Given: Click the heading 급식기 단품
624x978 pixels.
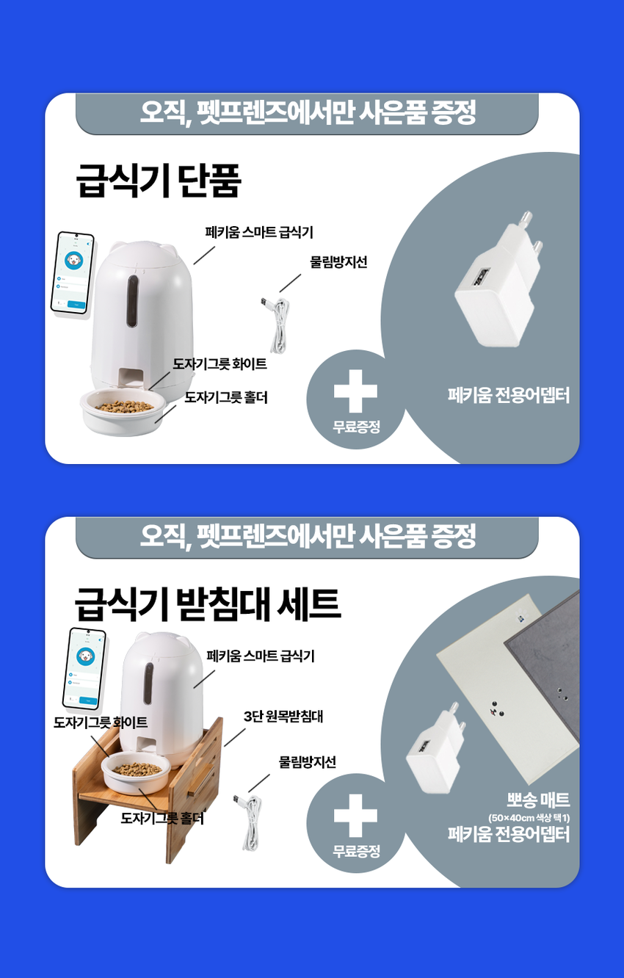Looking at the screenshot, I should (x=159, y=181).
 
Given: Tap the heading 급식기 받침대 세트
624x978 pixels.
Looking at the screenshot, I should (x=208, y=604).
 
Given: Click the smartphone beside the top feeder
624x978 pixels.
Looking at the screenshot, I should (x=72, y=273).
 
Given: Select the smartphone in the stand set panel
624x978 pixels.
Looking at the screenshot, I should (x=84, y=667).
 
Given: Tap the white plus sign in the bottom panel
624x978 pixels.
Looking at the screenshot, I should (x=355, y=816).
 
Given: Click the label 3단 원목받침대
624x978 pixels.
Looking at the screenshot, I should (x=283, y=716).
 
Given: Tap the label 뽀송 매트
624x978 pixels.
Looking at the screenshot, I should (x=538, y=800).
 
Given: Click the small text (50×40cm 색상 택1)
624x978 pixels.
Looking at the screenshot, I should (x=529, y=818).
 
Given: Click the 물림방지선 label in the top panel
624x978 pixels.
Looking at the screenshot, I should (x=338, y=262).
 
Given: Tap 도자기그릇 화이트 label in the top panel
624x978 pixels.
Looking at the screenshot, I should (x=220, y=364).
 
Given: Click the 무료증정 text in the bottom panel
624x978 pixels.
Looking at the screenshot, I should (x=356, y=852).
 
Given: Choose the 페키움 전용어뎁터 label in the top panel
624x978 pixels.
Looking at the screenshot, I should (x=509, y=396).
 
